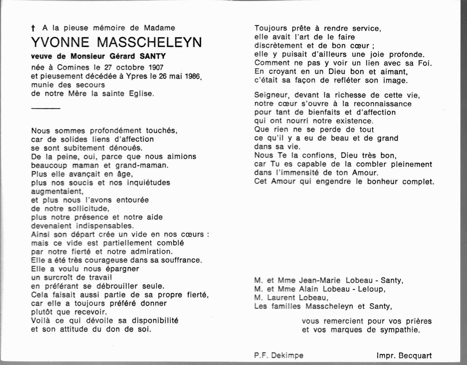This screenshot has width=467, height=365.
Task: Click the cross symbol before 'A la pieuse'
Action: [33, 28]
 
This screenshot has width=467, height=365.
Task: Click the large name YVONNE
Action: [60, 42]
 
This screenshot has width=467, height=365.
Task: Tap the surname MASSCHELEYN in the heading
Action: [149, 42]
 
